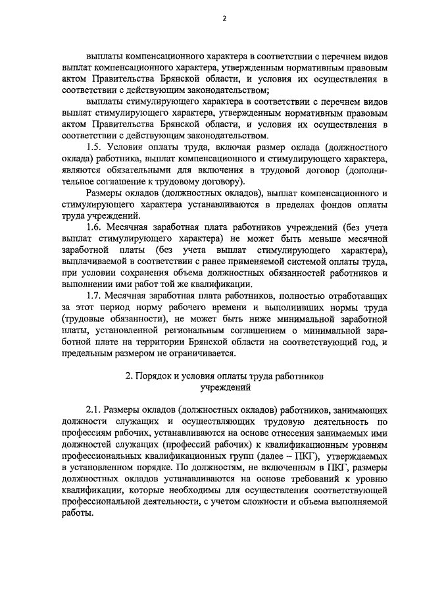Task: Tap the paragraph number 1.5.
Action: pos(96,147)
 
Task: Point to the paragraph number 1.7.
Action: pos(96,295)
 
